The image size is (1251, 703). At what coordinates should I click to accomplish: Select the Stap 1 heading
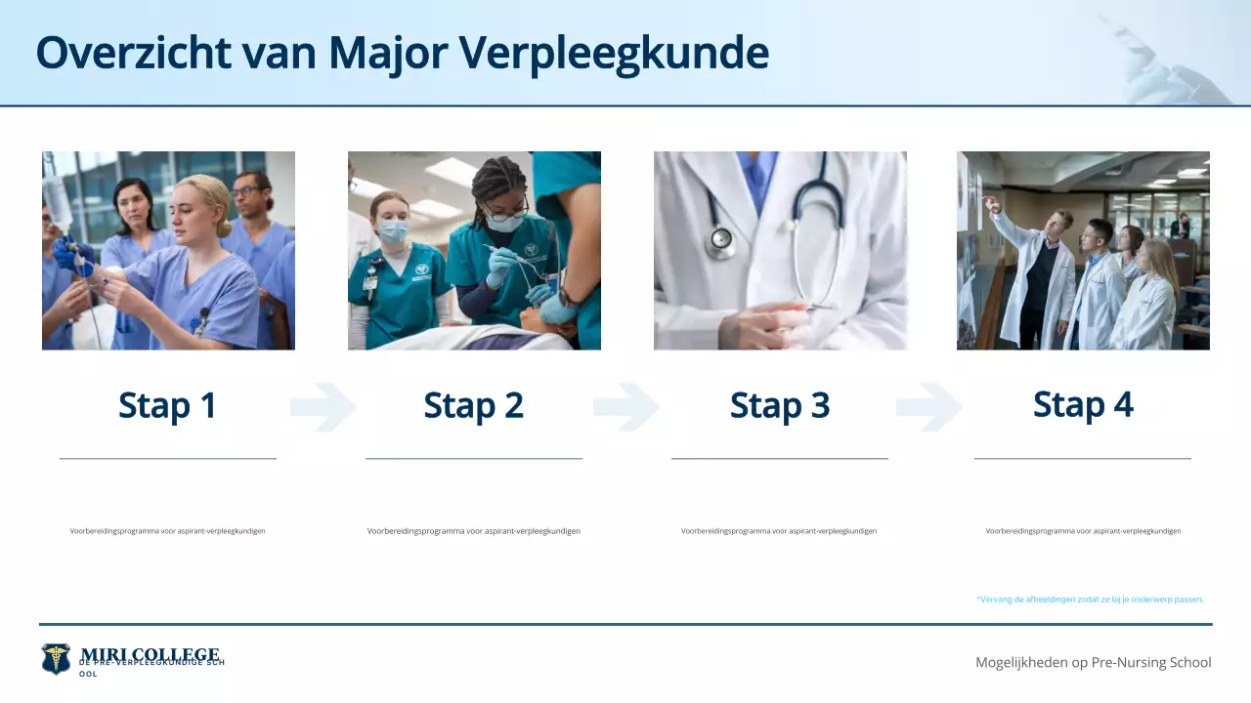click(167, 405)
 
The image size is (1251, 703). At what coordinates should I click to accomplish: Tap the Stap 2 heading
click(473, 405)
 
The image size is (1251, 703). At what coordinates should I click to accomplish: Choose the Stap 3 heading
click(779, 405)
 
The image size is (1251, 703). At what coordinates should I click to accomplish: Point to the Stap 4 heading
click(1083, 404)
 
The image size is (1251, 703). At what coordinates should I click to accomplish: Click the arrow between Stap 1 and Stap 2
click(323, 407)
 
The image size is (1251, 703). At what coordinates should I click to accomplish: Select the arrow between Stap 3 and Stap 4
click(928, 407)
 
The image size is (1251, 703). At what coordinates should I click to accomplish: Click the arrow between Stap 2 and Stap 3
click(625, 407)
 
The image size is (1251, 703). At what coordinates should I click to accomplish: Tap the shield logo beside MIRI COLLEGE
click(56, 658)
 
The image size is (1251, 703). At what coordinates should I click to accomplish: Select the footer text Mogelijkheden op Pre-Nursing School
click(1093, 662)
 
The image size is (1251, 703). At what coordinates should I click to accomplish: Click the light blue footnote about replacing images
click(1090, 600)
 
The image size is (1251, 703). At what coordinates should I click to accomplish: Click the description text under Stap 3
click(779, 531)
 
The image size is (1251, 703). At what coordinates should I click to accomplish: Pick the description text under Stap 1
click(167, 531)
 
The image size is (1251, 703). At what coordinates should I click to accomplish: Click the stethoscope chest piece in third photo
click(721, 239)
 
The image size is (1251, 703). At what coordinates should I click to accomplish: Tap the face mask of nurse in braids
click(506, 223)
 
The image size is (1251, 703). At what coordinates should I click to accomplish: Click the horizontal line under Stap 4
click(1083, 458)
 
